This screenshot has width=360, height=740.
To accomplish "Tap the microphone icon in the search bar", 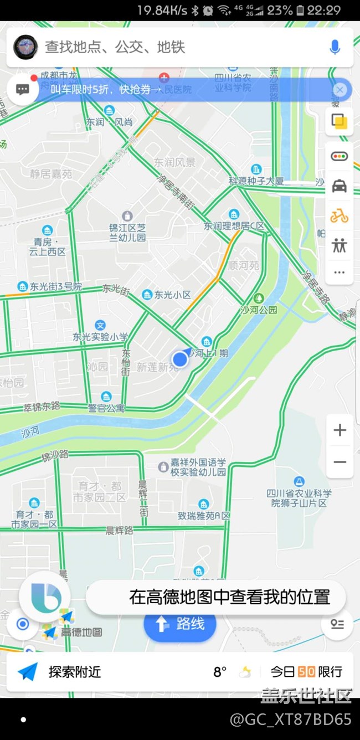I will point(335,48).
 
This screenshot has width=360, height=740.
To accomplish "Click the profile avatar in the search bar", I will point(25,47).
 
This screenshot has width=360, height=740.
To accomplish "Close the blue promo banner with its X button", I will point(340,90).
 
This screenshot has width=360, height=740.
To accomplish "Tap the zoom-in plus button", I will point(340,430).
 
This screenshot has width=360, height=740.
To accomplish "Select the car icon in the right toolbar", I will point(339,186).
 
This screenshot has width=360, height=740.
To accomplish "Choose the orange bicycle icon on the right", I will point(339,216).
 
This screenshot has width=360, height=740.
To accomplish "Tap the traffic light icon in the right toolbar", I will point(339,156).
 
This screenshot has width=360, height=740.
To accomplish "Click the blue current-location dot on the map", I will point(180,359).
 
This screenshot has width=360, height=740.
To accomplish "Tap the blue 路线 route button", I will point(179,624).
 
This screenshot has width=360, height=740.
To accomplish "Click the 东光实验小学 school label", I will point(100,336).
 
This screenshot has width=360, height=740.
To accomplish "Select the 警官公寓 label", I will point(106,408).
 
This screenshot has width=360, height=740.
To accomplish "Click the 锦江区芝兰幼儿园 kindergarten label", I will point(127,232).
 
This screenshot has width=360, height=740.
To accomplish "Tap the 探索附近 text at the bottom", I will point(75,672).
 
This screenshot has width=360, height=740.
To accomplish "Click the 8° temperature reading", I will point(220,672).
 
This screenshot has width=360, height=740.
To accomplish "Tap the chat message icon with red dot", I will point(23,89).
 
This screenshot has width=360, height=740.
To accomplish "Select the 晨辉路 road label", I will point(119,530).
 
